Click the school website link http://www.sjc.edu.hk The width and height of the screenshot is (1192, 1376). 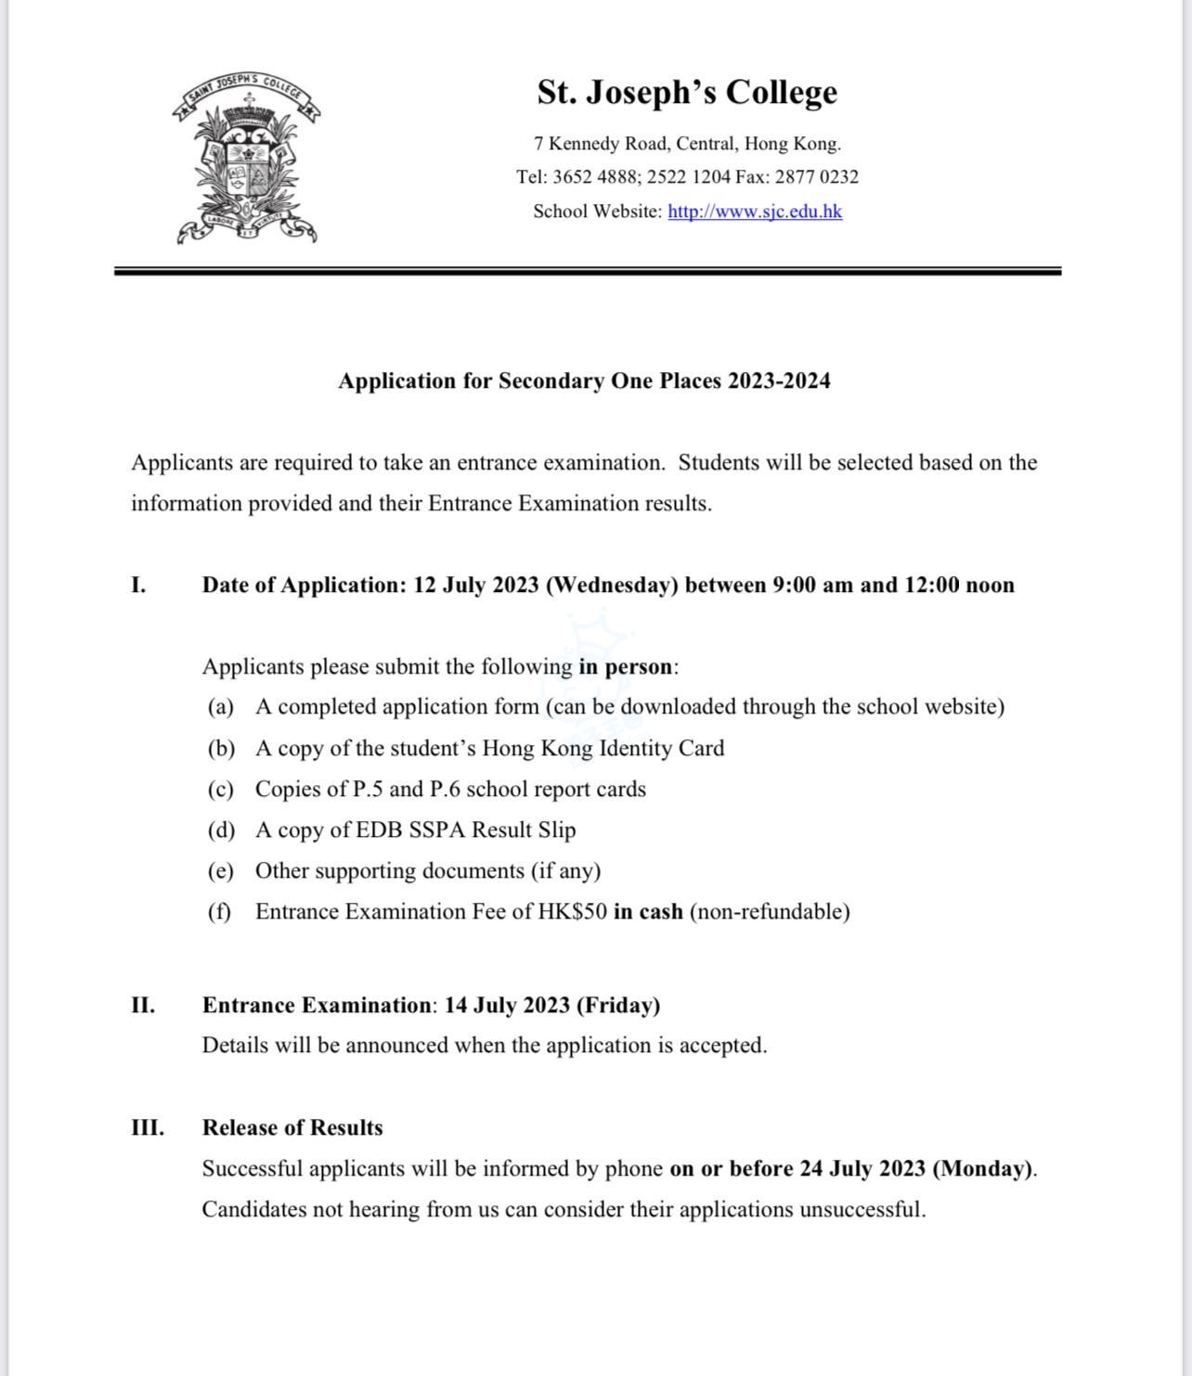pyautogui.click(x=755, y=212)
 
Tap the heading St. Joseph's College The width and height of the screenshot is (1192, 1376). pyautogui.click(x=687, y=93)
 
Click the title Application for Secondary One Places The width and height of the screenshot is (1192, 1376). pyautogui.click(x=584, y=381)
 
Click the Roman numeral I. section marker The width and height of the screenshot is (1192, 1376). pyautogui.click(x=138, y=585)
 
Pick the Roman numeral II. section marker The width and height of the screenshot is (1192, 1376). pyautogui.click(x=143, y=1006)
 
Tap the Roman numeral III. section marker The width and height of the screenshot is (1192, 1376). pyautogui.click(x=148, y=1128)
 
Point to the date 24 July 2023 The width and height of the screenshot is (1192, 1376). pyautogui.click(x=862, y=1169)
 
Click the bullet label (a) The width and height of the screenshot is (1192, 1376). pyautogui.click(x=221, y=707)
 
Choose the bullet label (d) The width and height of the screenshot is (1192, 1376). pyautogui.click(x=221, y=830)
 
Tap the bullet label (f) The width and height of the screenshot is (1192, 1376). pyautogui.click(x=219, y=912)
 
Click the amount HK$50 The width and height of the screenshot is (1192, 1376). pyautogui.click(x=573, y=912)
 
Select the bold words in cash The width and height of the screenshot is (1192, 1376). pyautogui.click(x=648, y=912)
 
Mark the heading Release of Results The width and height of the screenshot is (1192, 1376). pyautogui.click(x=292, y=1128)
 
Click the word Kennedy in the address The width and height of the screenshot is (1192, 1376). pyautogui.click(x=586, y=144)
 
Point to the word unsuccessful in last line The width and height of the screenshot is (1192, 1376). pyautogui.click(x=862, y=1210)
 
